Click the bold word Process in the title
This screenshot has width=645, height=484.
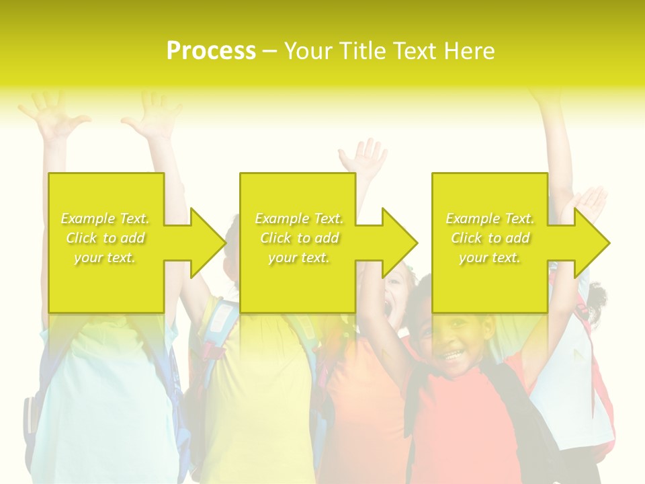pyautogui.click(x=211, y=51)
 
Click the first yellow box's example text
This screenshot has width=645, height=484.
pyautogui.click(x=105, y=238)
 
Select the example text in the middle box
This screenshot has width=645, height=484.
pyautogui.click(x=299, y=238)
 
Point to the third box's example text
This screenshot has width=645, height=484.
pyautogui.click(x=490, y=238)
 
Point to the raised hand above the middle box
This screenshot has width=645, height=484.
pyautogui.click(x=363, y=157)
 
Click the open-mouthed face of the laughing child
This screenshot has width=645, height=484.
pyautogui.click(x=396, y=296)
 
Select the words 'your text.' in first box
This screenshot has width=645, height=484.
pyautogui.click(x=105, y=257)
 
